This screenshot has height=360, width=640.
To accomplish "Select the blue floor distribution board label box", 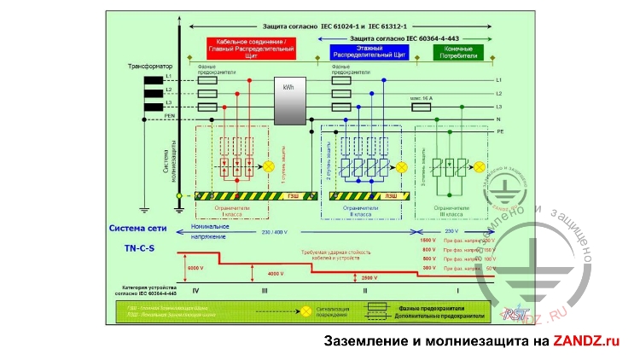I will pyautogui.click(x=369, y=52).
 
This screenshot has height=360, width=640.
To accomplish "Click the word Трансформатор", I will pyautogui.click(x=150, y=66).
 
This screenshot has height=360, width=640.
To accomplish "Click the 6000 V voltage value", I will pyautogui.click(x=196, y=269).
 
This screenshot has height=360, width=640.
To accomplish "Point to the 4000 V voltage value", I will pyautogui.click(x=276, y=273).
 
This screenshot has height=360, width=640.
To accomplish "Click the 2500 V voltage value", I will pyautogui.click(x=369, y=278).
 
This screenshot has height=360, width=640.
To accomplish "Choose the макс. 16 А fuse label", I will pyautogui.click(x=421, y=98).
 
